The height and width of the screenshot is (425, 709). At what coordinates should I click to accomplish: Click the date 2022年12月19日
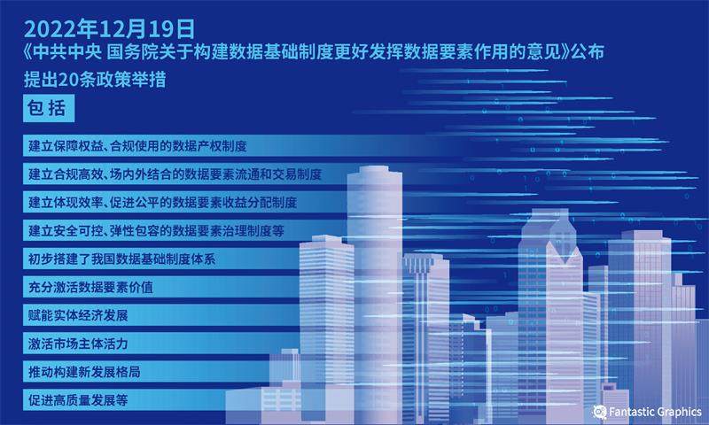(109, 29)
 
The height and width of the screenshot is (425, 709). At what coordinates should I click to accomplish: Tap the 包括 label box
(49, 108)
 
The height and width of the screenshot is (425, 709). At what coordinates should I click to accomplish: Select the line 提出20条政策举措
(95, 80)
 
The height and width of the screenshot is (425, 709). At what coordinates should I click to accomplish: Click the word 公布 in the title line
(588, 52)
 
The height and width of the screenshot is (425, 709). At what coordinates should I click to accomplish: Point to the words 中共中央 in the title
(66, 52)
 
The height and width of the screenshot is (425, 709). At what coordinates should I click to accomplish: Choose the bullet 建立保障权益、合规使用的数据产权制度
(137, 146)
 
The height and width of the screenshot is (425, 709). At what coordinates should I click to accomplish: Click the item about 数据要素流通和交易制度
(175, 174)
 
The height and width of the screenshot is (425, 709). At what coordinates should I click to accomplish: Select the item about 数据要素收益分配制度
(162, 203)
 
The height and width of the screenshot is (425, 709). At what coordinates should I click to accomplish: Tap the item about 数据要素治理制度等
(156, 231)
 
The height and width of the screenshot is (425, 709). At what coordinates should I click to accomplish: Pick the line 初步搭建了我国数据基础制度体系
(121, 259)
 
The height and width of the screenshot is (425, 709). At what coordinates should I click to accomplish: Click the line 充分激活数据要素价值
(90, 287)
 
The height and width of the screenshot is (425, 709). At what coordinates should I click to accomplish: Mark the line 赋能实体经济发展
(78, 315)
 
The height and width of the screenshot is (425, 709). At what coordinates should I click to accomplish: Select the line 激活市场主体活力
(78, 344)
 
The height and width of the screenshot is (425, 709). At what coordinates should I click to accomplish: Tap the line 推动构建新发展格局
(84, 372)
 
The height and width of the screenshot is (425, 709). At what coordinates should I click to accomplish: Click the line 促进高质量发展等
(78, 400)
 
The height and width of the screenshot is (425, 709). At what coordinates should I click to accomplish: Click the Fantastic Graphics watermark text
(655, 412)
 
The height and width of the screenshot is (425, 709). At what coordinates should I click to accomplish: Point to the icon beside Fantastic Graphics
(600, 412)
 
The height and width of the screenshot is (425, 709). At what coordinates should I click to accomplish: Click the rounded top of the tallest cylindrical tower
(374, 170)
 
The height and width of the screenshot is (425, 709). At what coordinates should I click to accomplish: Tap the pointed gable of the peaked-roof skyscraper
(564, 253)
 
